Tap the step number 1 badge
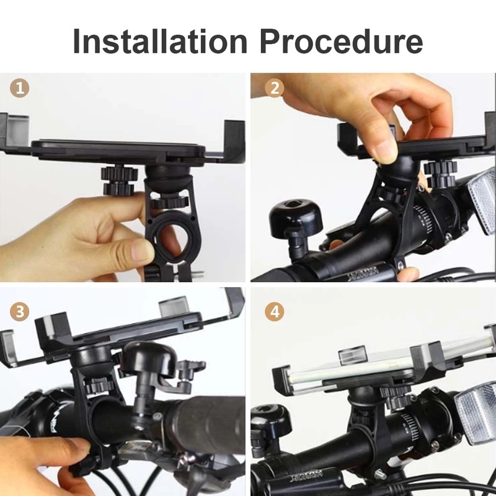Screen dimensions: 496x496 [20, 88]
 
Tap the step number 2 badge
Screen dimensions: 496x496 [274, 88]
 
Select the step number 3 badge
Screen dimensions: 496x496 [20, 311]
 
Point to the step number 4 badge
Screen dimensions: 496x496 [274, 311]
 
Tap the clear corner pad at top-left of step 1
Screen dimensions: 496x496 [16, 127]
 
